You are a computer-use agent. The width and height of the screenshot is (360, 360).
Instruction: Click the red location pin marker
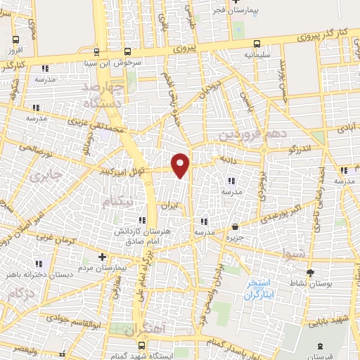click(181, 165)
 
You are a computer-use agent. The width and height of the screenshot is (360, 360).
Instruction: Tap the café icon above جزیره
click(234, 226)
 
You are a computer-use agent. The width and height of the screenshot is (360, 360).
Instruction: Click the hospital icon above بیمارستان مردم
click(102, 257)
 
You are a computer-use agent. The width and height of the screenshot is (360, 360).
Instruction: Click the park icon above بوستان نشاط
click(310, 271)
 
